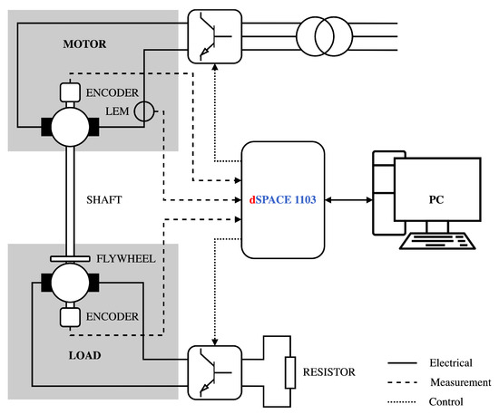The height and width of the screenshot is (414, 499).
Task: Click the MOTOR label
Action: point(84,43)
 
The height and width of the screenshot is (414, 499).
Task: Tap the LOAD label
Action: point(84,355)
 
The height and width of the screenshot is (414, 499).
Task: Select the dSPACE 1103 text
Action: point(282,199)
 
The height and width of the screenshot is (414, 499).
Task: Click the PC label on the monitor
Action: point(436,199)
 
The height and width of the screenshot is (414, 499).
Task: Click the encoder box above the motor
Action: point(70,92)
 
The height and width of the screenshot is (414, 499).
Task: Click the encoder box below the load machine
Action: point(70,317)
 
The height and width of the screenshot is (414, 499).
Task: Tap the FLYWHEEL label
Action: point(126,258)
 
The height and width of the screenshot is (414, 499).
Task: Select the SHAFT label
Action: point(104,199)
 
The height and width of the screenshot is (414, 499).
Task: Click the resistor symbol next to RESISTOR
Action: point(290,372)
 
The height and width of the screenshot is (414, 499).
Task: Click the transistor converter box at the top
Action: point(215,36)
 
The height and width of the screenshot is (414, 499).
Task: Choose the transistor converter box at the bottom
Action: point(215,372)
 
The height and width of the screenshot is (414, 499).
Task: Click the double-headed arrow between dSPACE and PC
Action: point(348,200)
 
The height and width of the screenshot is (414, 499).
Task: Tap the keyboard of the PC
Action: point(437,241)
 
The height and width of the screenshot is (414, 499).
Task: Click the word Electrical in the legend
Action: point(451,362)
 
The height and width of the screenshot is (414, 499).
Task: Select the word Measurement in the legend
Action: point(461,382)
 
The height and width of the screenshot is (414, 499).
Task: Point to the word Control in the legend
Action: point(445,401)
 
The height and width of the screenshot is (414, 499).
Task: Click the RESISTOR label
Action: point(329,371)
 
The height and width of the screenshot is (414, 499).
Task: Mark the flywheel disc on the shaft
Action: point(70,259)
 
